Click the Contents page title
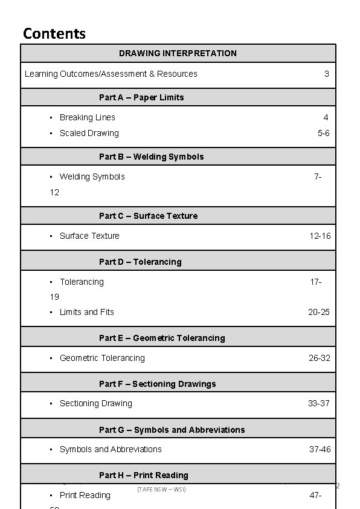pyautogui.click(x=54, y=33)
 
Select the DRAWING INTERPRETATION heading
pyautogui.click(x=178, y=53)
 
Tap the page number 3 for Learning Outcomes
pyautogui.click(x=326, y=74)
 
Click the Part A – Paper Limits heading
pyautogui.click(x=141, y=97)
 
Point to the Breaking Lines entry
pyautogui.click(x=87, y=117)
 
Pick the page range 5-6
pyautogui.click(x=324, y=133)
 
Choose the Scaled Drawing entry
pyautogui.click(x=89, y=133)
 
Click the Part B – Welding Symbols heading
pyautogui.click(x=151, y=157)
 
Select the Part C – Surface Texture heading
pyautogui.click(x=148, y=216)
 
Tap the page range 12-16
pyautogui.click(x=320, y=236)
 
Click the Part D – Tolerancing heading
pyautogui.click(x=140, y=262)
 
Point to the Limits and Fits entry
pyautogui.click(x=86, y=312)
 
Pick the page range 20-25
pyautogui.click(x=319, y=312)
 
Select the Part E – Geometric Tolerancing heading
pyautogui.click(x=162, y=338)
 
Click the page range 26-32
pyautogui.click(x=320, y=358)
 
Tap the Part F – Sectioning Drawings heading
pyautogui.click(x=157, y=384)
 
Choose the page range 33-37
pyautogui.click(x=319, y=403)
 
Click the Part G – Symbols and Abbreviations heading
pyautogui.click(x=172, y=430)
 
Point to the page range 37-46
pyautogui.click(x=320, y=449)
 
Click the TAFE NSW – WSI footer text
pyautogui.click(x=161, y=488)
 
